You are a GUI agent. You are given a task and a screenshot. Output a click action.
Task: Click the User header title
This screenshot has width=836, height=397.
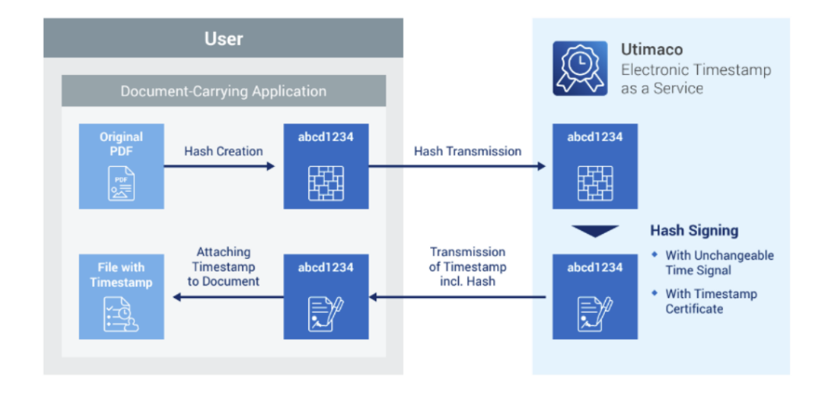tap(223, 38)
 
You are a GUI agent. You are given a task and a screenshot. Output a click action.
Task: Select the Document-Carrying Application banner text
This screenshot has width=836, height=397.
tap(223, 91)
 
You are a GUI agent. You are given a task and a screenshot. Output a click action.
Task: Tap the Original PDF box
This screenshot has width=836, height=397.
tap(121, 165)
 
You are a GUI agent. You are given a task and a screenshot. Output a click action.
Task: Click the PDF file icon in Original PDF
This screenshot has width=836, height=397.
tap(121, 186)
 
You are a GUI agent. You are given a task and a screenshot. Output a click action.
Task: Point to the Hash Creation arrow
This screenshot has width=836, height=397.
tap(219, 166)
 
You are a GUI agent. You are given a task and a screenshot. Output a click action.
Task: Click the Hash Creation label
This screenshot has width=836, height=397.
tap(223, 151)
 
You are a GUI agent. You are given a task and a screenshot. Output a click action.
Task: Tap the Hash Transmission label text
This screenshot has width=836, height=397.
tap(468, 151)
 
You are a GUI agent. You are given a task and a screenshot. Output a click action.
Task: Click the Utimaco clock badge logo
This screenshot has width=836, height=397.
tap(579, 69)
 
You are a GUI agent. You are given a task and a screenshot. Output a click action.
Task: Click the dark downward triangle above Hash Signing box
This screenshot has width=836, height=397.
tap(595, 231)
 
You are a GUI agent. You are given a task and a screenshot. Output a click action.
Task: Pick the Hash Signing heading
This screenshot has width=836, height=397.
tap(694, 231)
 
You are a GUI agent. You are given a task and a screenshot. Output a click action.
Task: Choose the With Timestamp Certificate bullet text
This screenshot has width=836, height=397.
tap(710, 301)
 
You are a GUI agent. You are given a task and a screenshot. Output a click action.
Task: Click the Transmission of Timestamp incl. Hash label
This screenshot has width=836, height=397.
tap(468, 267)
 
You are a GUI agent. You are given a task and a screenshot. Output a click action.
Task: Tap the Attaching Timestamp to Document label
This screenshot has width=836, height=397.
tap(223, 267)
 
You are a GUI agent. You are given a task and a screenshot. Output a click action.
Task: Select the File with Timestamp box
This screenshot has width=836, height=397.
tap(121, 296)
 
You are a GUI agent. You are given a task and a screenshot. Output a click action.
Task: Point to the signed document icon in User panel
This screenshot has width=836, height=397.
tap(326, 313)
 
